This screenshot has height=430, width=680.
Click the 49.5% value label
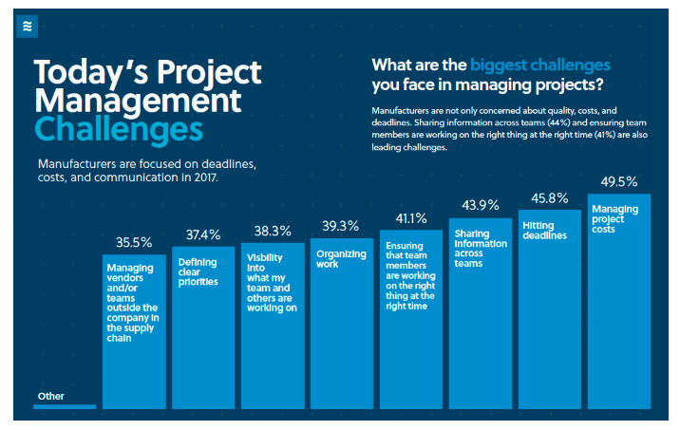[618, 182]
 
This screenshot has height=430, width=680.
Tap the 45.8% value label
[549, 198]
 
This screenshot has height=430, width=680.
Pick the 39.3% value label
[340, 226]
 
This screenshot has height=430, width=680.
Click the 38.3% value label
[273, 231]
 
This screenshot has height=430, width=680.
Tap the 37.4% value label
[202, 234]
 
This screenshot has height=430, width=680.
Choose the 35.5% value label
[133, 242]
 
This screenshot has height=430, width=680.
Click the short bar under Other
[65, 406]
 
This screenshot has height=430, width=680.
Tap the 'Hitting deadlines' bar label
[544, 230]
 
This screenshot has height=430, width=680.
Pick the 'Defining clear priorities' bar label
[198, 271]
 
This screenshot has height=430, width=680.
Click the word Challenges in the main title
[119, 128]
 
